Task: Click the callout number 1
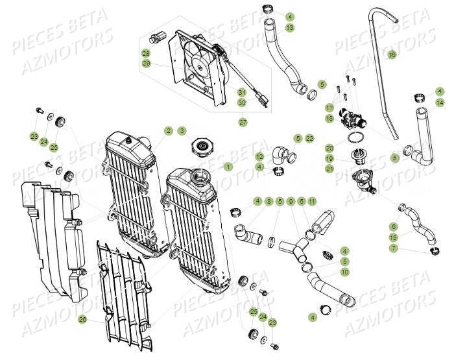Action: tap(228, 167)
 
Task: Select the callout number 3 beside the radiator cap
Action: tap(182, 131)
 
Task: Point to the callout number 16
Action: tap(392, 55)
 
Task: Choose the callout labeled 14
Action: tap(440, 102)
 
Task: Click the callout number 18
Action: tap(329, 118)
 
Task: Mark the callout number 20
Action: tap(329, 148)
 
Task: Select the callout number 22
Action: tap(310, 138)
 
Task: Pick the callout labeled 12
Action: tap(259, 156)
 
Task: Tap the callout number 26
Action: tap(100, 318)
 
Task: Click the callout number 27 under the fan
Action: tap(243, 121)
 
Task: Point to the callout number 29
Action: tap(146, 64)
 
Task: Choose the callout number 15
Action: tap(393, 237)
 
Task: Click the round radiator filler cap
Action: tap(200, 147)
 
